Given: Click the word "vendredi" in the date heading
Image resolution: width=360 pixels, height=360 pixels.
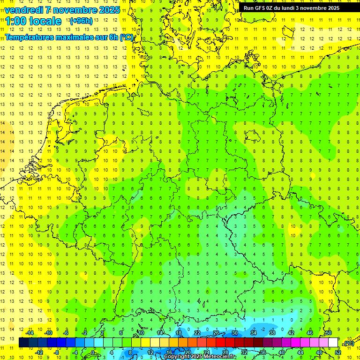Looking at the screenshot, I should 24,10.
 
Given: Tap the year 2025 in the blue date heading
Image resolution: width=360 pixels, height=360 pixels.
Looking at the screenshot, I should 109,10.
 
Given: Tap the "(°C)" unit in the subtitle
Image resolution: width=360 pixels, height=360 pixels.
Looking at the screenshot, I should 127,37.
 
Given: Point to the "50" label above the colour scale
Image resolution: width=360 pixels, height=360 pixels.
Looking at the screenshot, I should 329,333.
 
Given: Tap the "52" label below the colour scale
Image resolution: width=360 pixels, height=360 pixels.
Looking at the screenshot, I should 338,352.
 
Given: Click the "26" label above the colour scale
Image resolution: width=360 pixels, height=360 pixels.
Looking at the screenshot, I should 216,333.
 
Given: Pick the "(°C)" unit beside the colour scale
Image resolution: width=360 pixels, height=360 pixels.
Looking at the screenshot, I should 348,344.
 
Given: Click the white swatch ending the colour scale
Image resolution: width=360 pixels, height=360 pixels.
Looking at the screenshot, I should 333,343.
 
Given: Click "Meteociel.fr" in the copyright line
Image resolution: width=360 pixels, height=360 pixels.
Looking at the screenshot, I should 219,357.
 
